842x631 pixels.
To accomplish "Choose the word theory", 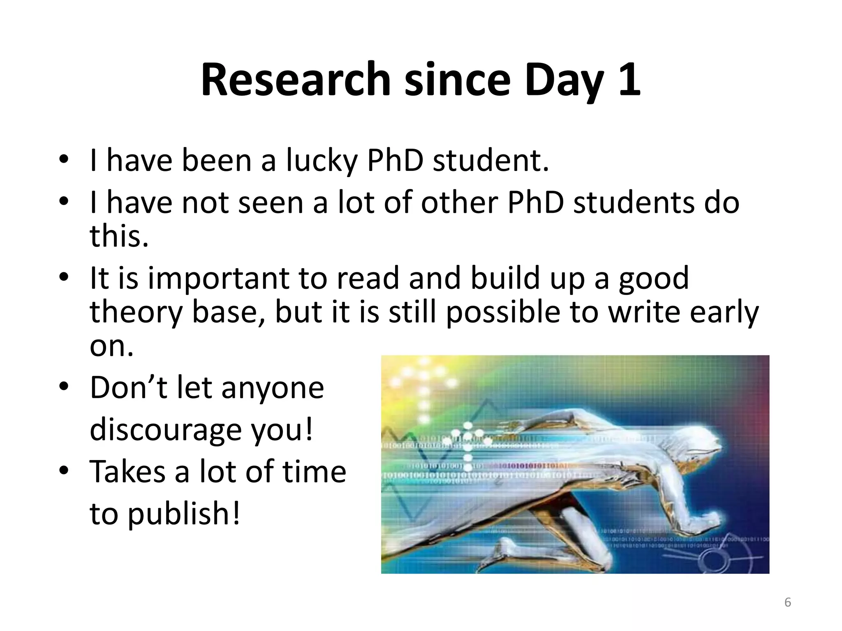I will (x=136, y=312).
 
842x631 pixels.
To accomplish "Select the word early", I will (x=724, y=312).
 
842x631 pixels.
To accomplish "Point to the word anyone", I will (x=273, y=388).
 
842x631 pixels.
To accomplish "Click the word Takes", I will (x=127, y=472).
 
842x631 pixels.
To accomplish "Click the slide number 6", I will (x=788, y=603).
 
